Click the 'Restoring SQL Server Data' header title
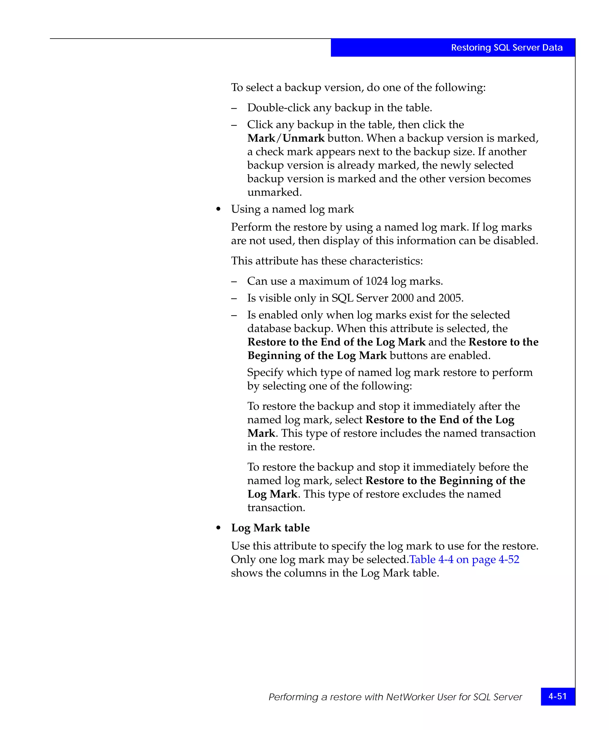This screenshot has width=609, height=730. pos(506,48)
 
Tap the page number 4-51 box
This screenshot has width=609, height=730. pos(558,696)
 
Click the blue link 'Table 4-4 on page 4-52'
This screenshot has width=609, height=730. pos(464,559)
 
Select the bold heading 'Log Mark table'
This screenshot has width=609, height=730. pos(270,528)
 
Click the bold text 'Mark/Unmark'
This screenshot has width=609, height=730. pos(286,138)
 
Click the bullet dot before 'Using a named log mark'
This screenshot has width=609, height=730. pos(219,209)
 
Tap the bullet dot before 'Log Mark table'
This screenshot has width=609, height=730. pos(219,528)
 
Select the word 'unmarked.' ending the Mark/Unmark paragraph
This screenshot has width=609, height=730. pos(274,192)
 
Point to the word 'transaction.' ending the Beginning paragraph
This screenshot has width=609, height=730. pos(276,508)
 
